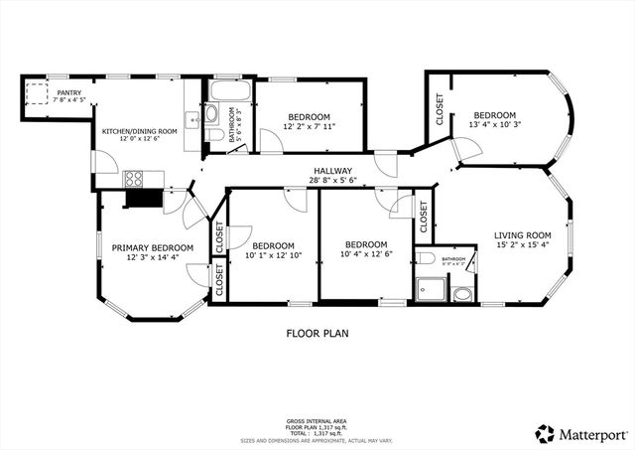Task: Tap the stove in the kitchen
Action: coord(133,180)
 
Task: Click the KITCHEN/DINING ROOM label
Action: coord(140,131)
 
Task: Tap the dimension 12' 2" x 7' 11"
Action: coord(311,126)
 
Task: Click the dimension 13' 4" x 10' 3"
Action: coord(494,125)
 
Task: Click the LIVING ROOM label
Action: coord(522,235)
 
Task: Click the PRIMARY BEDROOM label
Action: coord(152,247)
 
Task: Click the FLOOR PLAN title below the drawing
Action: coord(317,334)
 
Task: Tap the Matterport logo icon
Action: coord(544,433)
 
